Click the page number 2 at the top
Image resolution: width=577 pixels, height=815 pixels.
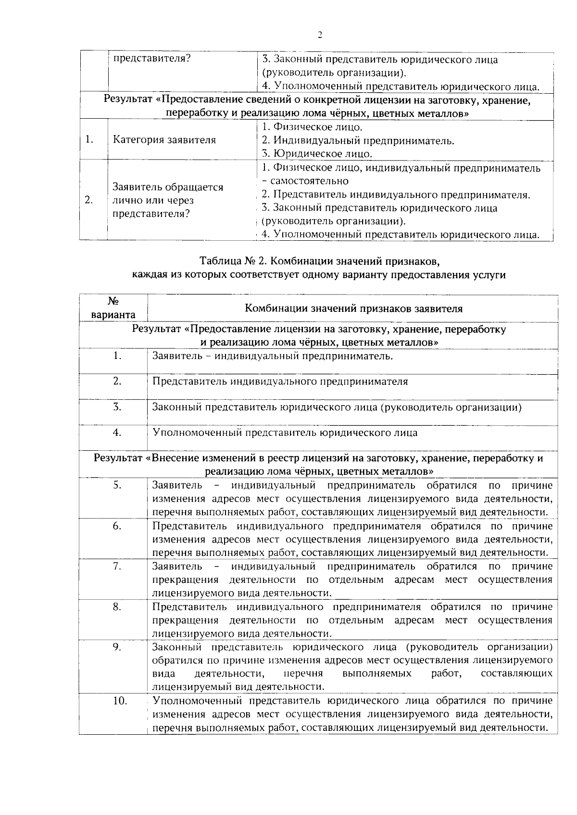click(319, 35)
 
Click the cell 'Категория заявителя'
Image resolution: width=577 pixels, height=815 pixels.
click(164, 140)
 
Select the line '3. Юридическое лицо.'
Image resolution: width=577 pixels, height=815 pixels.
click(317, 154)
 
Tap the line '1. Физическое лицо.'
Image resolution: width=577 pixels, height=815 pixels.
click(312, 127)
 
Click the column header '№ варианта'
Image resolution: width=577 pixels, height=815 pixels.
click(113, 308)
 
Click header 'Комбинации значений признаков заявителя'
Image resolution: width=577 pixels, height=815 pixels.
click(353, 309)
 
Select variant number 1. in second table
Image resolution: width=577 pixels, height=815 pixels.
click(117, 356)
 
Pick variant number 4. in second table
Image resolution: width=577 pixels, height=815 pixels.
click(117, 432)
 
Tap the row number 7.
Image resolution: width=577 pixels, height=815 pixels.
click(117, 566)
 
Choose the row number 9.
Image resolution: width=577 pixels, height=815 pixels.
click(117, 647)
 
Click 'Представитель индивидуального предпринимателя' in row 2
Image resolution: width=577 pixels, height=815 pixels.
click(280, 382)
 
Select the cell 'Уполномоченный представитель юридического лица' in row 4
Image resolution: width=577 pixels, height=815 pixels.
click(285, 432)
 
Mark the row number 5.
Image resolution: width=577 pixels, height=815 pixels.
click(117, 485)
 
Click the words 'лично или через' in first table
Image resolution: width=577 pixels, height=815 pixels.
click(153, 200)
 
